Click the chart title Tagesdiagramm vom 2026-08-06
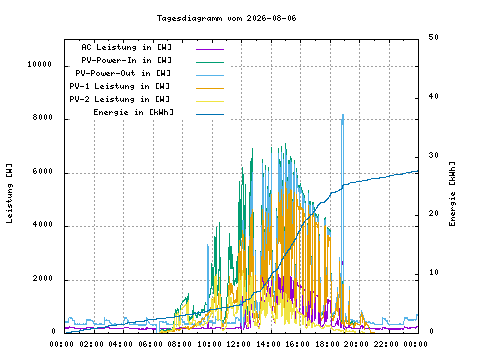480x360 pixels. (x=226, y=18)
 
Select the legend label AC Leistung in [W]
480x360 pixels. (x=126, y=47)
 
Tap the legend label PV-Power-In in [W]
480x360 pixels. (x=126, y=60)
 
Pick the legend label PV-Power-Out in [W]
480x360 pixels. (x=123, y=73)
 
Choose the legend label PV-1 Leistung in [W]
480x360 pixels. (x=120, y=86)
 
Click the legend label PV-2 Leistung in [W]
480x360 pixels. (x=120, y=99)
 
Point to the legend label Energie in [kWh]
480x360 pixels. (x=133, y=112)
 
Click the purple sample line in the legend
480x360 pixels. (x=210, y=49)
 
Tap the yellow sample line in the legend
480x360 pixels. (x=210, y=101)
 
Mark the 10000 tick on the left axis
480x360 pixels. (x=40, y=64)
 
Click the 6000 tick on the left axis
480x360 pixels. (x=43, y=171)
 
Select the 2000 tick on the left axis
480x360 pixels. (x=43, y=278)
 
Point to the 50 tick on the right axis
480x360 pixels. (x=434, y=37)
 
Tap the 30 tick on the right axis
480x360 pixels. (x=434, y=155)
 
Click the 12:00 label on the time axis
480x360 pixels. (x=238, y=344)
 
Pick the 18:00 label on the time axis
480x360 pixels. (x=327, y=344)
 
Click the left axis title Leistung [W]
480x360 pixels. (x=9, y=193)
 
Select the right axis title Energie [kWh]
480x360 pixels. (x=452, y=194)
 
